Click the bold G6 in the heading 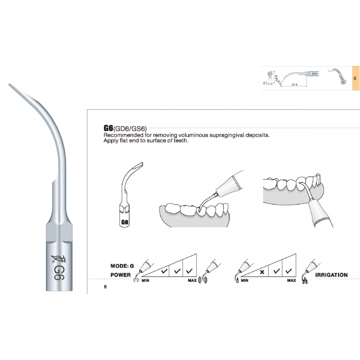click(108, 128)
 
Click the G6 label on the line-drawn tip click(125, 222)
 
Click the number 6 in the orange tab click(355, 78)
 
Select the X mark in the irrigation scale click(262, 272)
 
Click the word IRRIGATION click(331, 275)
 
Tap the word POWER click(121, 275)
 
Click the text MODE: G click(122, 266)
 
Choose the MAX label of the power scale click(192, 280)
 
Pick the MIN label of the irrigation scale click(244, 280)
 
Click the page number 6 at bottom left click(105, 287)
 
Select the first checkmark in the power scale click(164, 271)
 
